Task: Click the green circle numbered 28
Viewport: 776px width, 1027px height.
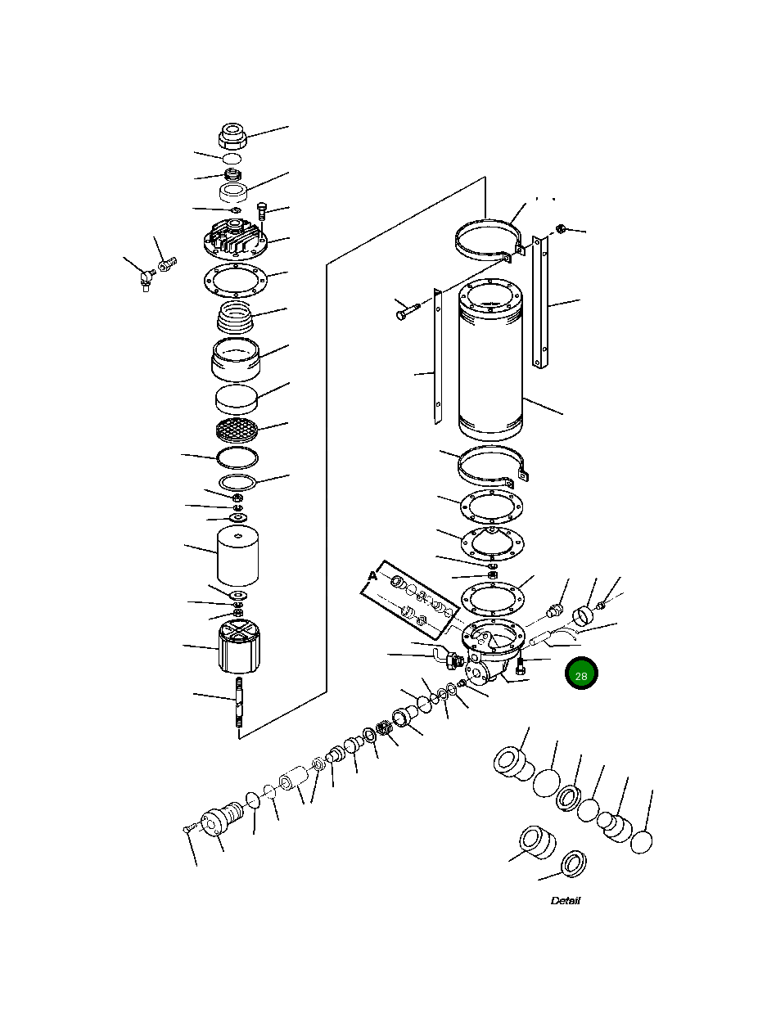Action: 581,673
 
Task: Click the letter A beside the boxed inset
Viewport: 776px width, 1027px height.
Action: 372,576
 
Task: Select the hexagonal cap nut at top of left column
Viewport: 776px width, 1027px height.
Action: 232,135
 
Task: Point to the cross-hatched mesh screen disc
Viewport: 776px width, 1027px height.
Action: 237,430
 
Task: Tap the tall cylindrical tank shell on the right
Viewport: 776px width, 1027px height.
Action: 490,360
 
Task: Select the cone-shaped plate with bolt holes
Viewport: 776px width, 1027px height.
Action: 492,543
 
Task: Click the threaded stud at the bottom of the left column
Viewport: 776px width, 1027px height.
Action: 239,702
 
